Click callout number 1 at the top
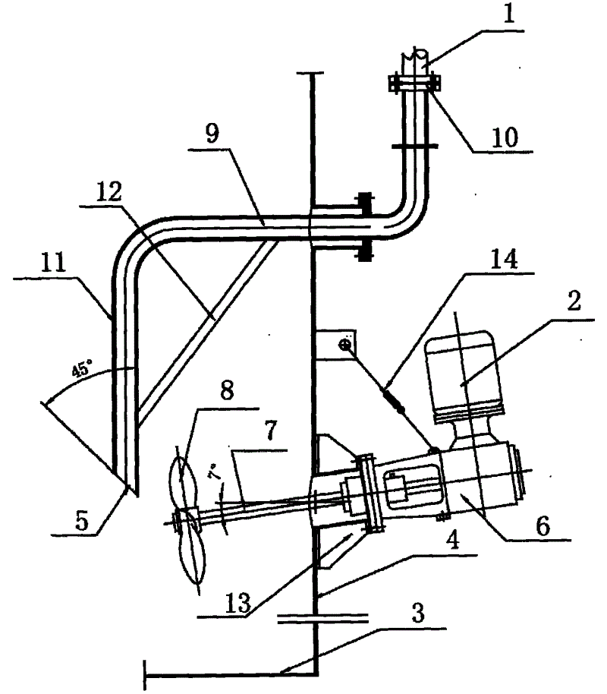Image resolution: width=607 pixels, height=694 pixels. (x=509, y=13)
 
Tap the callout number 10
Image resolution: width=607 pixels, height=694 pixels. (x=505, y=137)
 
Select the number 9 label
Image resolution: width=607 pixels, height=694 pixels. (x=213, y=134)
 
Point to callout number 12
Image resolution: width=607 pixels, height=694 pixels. (x=109, y=192)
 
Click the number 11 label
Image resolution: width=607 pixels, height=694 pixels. (x=54, y=262)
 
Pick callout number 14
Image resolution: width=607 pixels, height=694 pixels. (x=504, y=259)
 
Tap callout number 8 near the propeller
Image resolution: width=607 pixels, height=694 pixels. (x=227, y=390)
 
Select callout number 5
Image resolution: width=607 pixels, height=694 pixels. (x=82, y=520)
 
